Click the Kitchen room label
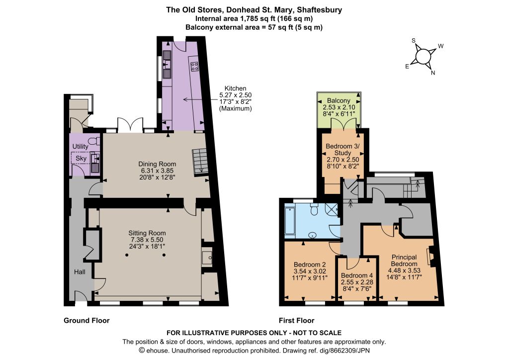(235, 89)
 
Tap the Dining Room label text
(157, 164)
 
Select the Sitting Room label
(147, 233)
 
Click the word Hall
(80, 271)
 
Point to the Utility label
(80, 146)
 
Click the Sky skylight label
(81, 159)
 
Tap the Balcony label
(339, 100)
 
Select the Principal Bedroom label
(404, 261)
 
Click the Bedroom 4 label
(357, 275)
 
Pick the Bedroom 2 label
(310, 265)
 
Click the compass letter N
(433, 73)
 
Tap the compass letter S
(414, 41)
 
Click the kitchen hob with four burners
(195, 67)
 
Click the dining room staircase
(200, 162)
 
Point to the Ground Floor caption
(86, 321)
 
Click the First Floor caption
(297, 321)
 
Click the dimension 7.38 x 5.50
(147, 240)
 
